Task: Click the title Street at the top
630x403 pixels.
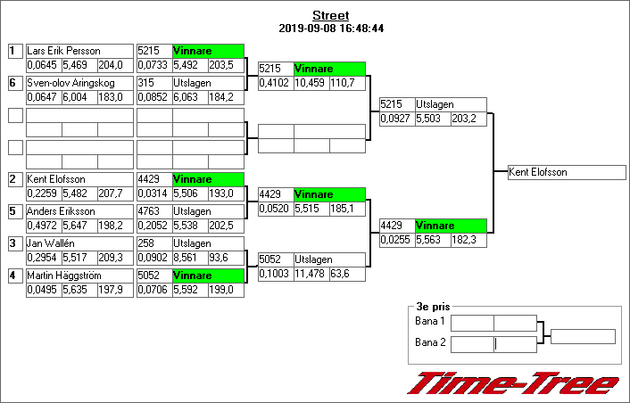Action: click(x=331, y=16)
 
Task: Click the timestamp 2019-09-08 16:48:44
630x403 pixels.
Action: click(x=331, y=29)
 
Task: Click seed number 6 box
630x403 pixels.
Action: click(x=14, y=83)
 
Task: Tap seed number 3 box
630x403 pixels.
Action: click(x=14, y=243)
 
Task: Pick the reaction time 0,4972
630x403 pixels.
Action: click(x=42, y=225)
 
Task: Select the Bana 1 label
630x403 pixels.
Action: click(x=430, y=320)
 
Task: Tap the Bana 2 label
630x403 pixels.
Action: click(x=430, y=341)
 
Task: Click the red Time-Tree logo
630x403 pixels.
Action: click(x=512, y=383)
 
